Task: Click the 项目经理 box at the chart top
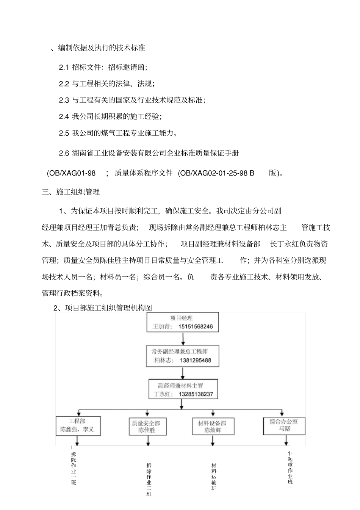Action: tap(183, 322)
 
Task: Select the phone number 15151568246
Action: tap(196, 326)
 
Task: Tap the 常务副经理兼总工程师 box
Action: tap(183, 356)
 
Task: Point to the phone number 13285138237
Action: tap(196, 394)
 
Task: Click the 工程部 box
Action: tap(78, 425)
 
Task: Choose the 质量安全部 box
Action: tap(146, 427)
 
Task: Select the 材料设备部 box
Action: tap(212, 427)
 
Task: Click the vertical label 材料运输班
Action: tap(214, 476)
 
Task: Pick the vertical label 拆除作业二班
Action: tap(149, 480)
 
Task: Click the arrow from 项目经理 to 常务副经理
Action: tap(183, 338)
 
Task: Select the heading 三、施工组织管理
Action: tap(71, 192)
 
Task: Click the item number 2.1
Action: tap(64, 67)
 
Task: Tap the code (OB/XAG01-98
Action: tap(71, 173)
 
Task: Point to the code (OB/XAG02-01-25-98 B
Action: tap(216, 173)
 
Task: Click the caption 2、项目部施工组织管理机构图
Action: tap(103, 308)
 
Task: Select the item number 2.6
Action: tap(64, 153)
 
